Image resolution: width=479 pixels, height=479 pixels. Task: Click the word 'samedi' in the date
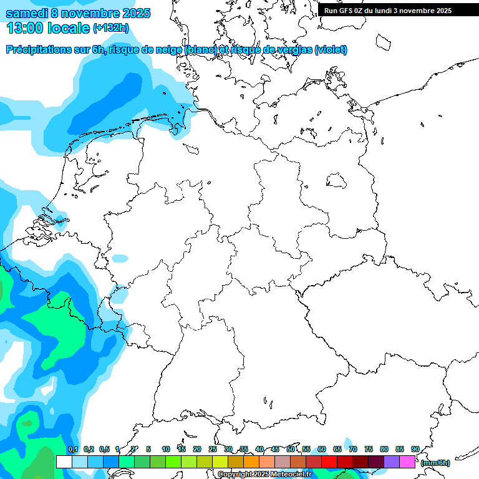coord(24,13)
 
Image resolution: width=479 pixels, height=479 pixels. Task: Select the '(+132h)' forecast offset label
coord(111,28)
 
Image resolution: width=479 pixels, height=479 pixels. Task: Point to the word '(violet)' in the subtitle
coord(331,50)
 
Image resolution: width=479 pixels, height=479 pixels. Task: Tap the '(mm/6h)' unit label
coord(435,463)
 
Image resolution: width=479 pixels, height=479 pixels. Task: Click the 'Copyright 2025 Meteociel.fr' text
coord(264,475)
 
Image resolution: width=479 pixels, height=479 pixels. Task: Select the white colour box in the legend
coord(64,462)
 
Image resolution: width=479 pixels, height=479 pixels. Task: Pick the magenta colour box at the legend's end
coord(407,462)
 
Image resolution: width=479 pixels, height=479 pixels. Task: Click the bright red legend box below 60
coord(329,462)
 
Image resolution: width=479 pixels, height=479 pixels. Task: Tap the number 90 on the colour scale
coord(415,449)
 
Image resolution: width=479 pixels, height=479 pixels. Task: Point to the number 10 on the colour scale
coord(166,449)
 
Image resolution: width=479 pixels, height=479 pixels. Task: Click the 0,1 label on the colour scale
coord(73,449)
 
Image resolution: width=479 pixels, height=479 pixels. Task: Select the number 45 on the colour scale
coord(275,449)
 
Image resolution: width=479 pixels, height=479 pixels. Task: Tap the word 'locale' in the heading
coord(69,28)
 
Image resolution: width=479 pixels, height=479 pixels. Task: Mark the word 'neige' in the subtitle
coord(168,50)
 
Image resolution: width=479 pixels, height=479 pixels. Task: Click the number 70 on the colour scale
coord(353,449)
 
